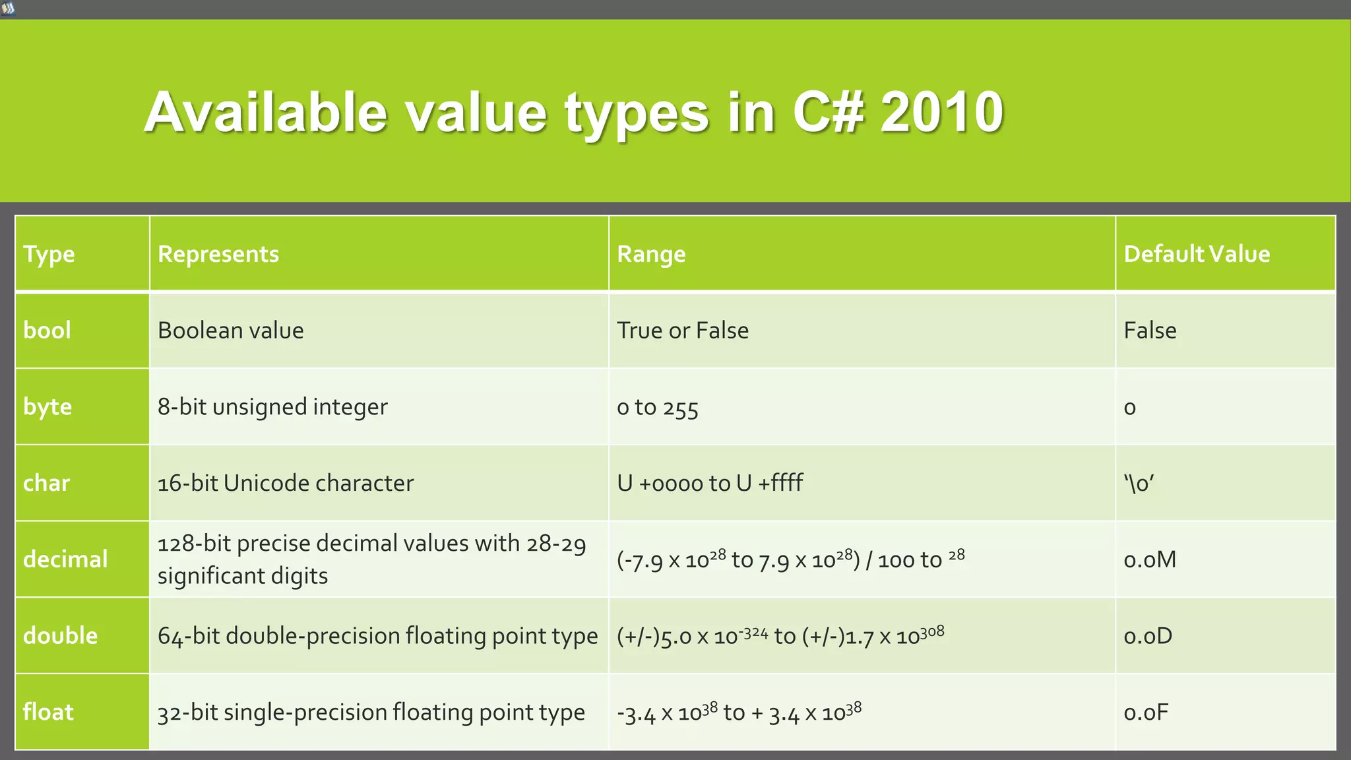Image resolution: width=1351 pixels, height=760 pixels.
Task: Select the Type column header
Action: tap(49, 254)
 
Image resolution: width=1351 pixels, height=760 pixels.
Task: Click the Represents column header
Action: tap(218, 254)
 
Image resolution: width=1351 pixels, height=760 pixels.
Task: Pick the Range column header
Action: tap(651, 254)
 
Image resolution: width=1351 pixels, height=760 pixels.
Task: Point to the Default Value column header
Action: tap(1197, 254)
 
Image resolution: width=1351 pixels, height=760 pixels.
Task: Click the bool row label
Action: tap(47, 330)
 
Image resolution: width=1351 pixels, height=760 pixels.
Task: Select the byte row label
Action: tap(47, 406)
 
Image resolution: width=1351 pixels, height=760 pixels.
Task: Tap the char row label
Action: tap(46, 483)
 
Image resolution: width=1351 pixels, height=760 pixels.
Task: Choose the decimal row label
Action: tap(65, 559)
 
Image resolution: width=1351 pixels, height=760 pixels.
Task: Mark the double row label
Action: tap(60, 635)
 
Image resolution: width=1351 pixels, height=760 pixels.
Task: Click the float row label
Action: tap(48, 712)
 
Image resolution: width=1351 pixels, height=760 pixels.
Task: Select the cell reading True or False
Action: tap(683, 330)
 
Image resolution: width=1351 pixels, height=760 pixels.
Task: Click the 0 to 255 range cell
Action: tap(657, 408)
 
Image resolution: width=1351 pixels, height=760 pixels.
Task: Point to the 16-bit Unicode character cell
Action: tap(285, 483)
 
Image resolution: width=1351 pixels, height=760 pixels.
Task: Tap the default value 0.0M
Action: tap(1150, 559)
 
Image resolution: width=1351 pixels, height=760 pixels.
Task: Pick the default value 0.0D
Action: tap(1148, 635)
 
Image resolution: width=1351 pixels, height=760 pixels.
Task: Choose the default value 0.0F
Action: tap(1146, 712)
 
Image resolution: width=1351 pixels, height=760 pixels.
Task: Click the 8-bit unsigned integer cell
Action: tap(272, 406)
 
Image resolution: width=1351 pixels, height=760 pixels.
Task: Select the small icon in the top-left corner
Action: tap(8, 9)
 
